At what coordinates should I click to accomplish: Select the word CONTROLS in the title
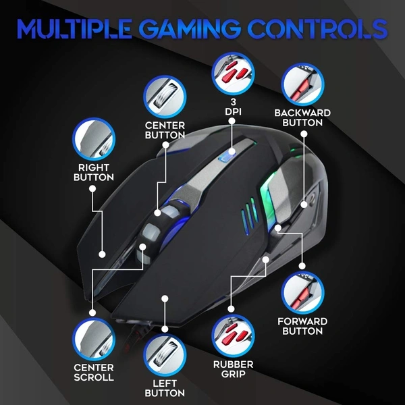(x=321, y=29)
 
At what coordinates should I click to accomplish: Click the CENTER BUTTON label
(x=165, y=130)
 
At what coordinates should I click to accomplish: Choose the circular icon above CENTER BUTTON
(x=163, y=95)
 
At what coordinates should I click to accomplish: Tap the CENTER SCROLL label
(x=94, y=372)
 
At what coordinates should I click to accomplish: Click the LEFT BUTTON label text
(x=165, y=388)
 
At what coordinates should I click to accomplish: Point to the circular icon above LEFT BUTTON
(x=165, y=354)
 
